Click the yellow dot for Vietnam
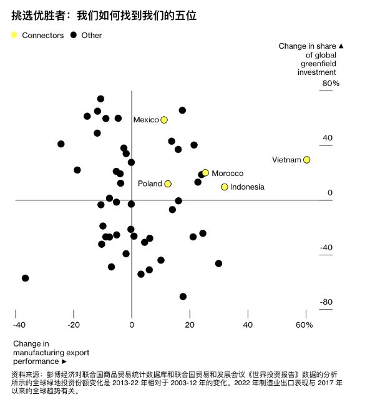pyautogui.click(x=306, y=160)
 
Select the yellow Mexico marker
pyautogui.click(x=164, y=120)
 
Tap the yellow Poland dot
pyautogui.click(x=168, y=184)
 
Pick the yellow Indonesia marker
pyautogui.click(x=224, y=187)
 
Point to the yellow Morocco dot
pyautogui.click(x=205, y=172)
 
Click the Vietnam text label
pyautogui.click(x=286, y=160)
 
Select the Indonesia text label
pyautogui.click(x=247, y=187)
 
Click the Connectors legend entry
pyautogui.click(x=37, y=35)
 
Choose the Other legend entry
pyautogui.click(x=86, y=35)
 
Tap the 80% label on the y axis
pyautogui.click(x=331, y=83)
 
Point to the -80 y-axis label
pyautogui.click(x=326, y=301)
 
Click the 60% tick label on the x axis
pyautogui.click(x=304, y=325)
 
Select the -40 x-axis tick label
pyautogui.click(x=19, y=325)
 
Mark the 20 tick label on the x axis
pyautogui.click(x=190, y=325)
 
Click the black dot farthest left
pyautogui.click(x=25, y=278)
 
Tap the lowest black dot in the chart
pyautogui.click(x=183, y=297)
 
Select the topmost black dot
pyautogui.click(x=100, y=99)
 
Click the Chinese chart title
pyautogui.click(x=104, y=16)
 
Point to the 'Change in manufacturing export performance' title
pyautogui.click(x=51, y=353)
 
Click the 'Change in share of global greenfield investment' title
pyautogui.click(x=311, y=59)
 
